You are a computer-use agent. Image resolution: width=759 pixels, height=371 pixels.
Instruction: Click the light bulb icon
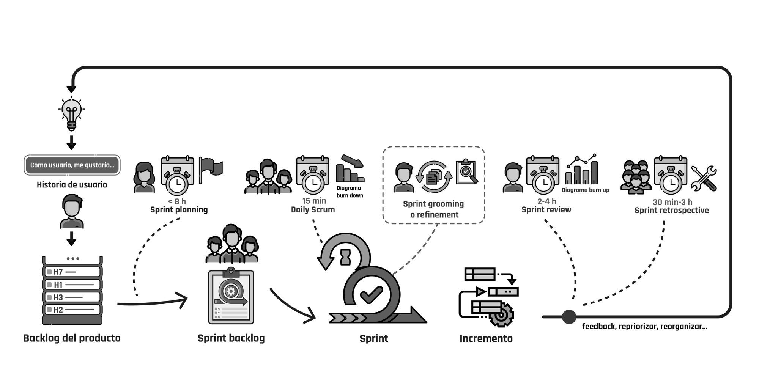[x=71, y=113]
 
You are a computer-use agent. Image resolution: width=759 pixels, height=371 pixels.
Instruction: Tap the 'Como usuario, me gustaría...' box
[x=72, y=165]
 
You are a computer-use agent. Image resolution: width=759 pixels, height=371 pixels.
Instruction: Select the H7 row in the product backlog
[x=72, y=272]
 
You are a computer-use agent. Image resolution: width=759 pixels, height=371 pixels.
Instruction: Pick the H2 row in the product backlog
[x=72, y=310]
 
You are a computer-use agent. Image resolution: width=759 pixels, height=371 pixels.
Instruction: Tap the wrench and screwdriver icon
[x=704, y=178]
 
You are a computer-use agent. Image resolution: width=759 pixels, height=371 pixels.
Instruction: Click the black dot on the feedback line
[x=569, y=317]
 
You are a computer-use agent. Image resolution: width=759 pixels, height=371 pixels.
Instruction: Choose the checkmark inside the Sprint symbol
[x=371, y=294]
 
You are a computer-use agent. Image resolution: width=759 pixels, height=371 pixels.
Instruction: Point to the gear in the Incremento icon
[x=501, y=315]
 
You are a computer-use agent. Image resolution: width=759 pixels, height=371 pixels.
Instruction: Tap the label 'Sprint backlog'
[x=231, y=338]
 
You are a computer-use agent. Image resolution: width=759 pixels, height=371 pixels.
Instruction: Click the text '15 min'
[x=314, y=201]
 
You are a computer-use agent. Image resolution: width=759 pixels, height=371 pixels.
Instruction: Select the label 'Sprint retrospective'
[x=672, y=211]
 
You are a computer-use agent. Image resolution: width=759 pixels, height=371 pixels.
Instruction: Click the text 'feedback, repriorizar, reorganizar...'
[x=644, y=327]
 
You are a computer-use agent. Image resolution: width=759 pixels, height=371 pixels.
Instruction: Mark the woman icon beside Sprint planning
[x=144, y=177]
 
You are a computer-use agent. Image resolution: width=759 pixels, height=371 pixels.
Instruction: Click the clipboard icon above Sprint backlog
[x=231, y=296]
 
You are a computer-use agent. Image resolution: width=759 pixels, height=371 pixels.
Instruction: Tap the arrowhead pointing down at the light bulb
[x=71, y=90]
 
